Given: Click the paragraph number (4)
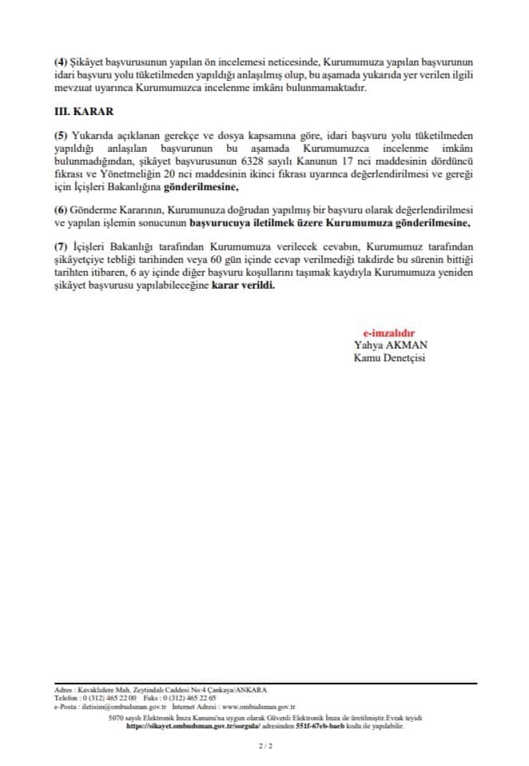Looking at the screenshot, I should tap(60, 61).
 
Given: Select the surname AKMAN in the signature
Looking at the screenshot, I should tap(410, 345).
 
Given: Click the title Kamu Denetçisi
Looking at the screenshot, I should tap(390, 357).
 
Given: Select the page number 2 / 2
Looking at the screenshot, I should tap(264, 746).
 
